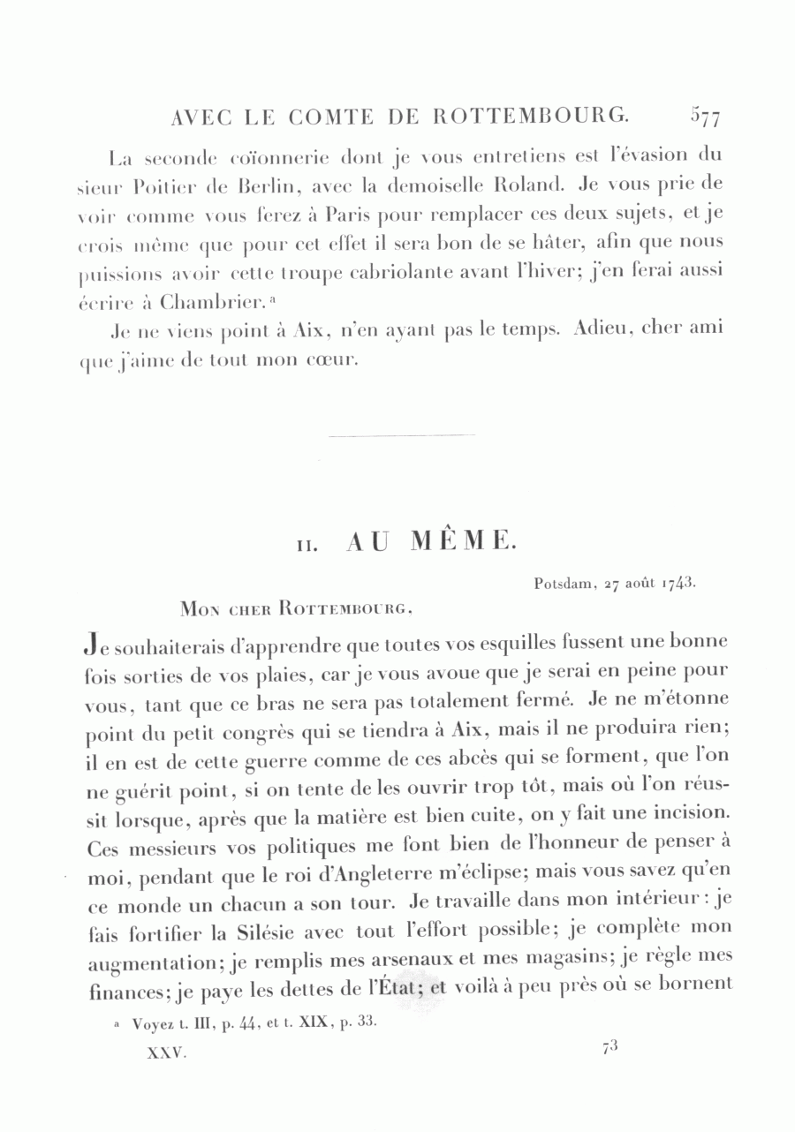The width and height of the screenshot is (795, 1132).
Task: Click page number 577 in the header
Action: pos(706,117)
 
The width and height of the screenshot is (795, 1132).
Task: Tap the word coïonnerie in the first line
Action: pos(289,158)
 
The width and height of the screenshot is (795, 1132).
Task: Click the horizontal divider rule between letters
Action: pos(401,434)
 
